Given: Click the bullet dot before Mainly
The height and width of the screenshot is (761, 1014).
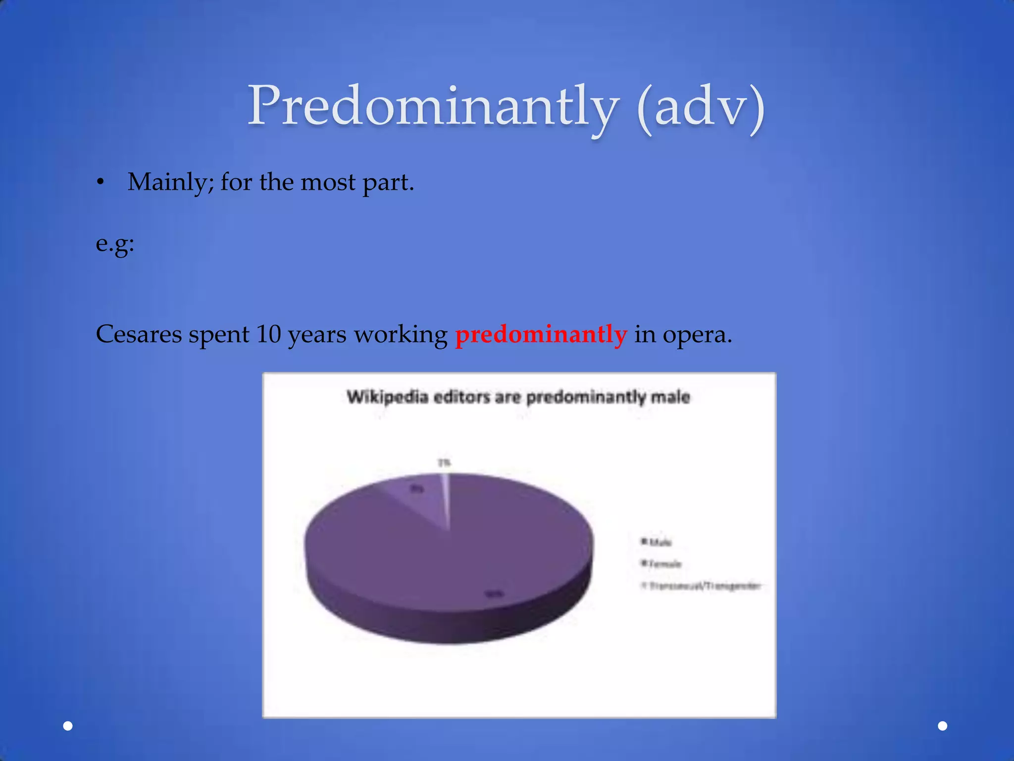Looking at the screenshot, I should coord(101,183).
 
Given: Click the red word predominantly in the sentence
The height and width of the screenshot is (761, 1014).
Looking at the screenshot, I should coord(541,334).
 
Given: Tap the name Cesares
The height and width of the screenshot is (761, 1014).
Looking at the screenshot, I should coord(139,334).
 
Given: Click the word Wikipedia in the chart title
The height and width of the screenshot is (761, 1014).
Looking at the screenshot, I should coord(387,397).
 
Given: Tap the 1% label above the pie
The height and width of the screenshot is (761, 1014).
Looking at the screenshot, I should coord(444,463).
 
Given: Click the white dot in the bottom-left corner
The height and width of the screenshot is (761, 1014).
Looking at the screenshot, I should coord(68,726).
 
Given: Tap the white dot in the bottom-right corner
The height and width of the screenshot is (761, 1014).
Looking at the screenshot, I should coord(943,726).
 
